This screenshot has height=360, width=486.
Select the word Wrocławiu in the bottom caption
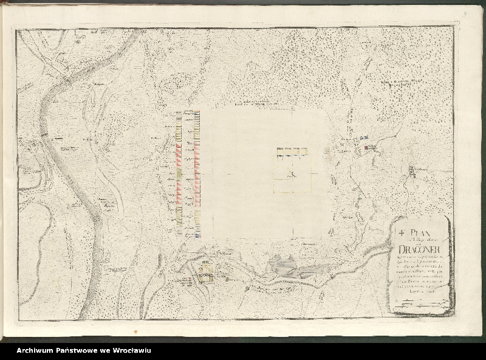point(130,350)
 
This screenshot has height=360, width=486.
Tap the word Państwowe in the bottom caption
point(76,350)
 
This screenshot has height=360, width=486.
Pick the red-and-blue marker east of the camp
point(367,147)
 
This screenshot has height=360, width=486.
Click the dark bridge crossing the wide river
point(43,134)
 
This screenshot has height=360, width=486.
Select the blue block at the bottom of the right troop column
point(198,234)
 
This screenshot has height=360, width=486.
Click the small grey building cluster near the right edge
point(412,172)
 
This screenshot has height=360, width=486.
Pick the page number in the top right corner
point(463,9)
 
